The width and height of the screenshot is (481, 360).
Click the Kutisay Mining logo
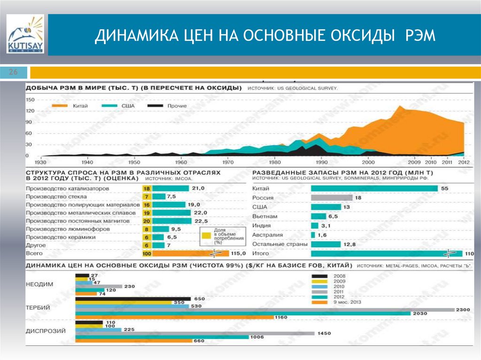(x=25, y=34)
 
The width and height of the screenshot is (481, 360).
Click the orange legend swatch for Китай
(x=61, y=106)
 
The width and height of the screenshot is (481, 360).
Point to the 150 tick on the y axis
(x=31, y=100)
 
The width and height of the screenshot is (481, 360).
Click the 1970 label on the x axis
(x=227, y=162)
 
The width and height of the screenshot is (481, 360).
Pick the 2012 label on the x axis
(x=464, y=162)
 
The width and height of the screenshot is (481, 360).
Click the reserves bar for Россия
(x=331, y=198)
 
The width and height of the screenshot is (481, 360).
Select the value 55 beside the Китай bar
(x=444, y=188)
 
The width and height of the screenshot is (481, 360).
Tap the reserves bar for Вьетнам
(x=318, y=216)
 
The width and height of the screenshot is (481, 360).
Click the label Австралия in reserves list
(x=267, y=235)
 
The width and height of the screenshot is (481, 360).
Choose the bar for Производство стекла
(x=159, y=197)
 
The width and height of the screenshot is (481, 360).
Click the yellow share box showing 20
(x=146, y=221)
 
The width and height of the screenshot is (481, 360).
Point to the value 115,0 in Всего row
(x=239, y=253)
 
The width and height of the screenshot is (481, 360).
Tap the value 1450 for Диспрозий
(x=324, y=333)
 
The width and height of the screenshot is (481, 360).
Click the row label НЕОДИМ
(x=40, y=283)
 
